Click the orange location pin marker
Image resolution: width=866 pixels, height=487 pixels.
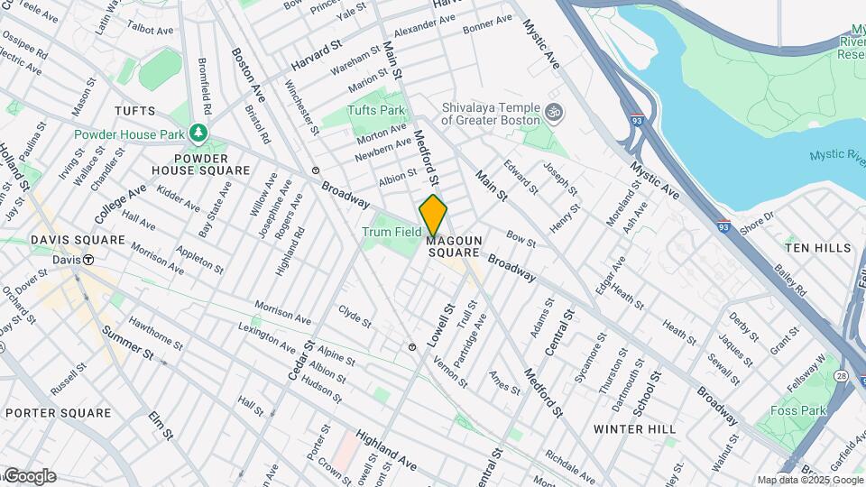click(433, 215)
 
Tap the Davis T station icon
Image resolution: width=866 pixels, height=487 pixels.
click(88, 260)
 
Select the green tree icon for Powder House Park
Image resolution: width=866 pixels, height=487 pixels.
click(198, 134)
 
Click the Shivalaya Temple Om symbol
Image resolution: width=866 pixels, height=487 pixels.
click(556, 113)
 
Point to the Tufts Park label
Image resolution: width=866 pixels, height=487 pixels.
click(376, 110)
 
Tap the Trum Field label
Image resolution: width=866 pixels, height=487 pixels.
click(392, 232)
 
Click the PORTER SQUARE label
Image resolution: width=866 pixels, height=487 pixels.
click(58, 413)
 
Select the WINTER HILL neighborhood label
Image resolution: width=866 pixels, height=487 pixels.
click(635, 429)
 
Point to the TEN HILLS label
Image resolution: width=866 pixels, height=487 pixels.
click(817, 247)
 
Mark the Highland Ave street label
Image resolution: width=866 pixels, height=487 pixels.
click(385, 450)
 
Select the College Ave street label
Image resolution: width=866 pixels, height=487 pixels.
click(119, 205)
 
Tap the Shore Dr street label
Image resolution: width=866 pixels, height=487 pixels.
click(756, 219)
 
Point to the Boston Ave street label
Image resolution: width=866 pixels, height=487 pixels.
click(247, 75)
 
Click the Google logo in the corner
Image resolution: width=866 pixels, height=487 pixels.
click(29, 476)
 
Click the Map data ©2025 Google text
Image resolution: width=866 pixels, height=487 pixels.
click(809, 480)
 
